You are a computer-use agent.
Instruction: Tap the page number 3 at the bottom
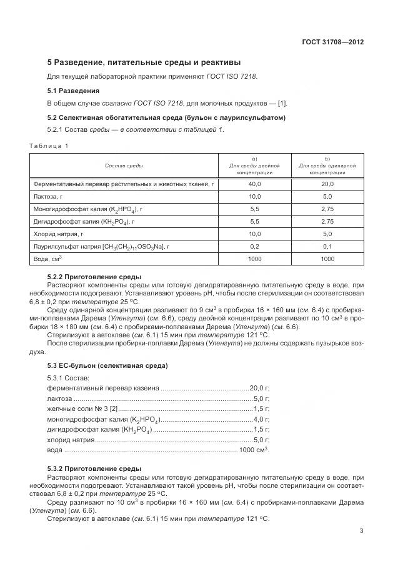click(361, 531)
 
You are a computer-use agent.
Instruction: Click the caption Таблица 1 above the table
click(49, 146)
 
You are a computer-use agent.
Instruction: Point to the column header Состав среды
click(124, 166)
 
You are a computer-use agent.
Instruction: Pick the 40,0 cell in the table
click(255, 184)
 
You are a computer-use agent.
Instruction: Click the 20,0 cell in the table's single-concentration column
click(327, 184)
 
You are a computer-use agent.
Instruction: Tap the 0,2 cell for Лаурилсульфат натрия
click(255, 246)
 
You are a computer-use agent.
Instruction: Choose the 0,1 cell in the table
click(327, 246)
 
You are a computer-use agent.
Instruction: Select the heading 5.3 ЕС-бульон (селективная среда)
click(107, 365)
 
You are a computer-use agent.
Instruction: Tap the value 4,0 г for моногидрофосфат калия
click(262, 418)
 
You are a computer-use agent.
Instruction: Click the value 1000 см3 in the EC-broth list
click(254, 450)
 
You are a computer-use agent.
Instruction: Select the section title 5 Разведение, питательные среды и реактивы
click(144, 62)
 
